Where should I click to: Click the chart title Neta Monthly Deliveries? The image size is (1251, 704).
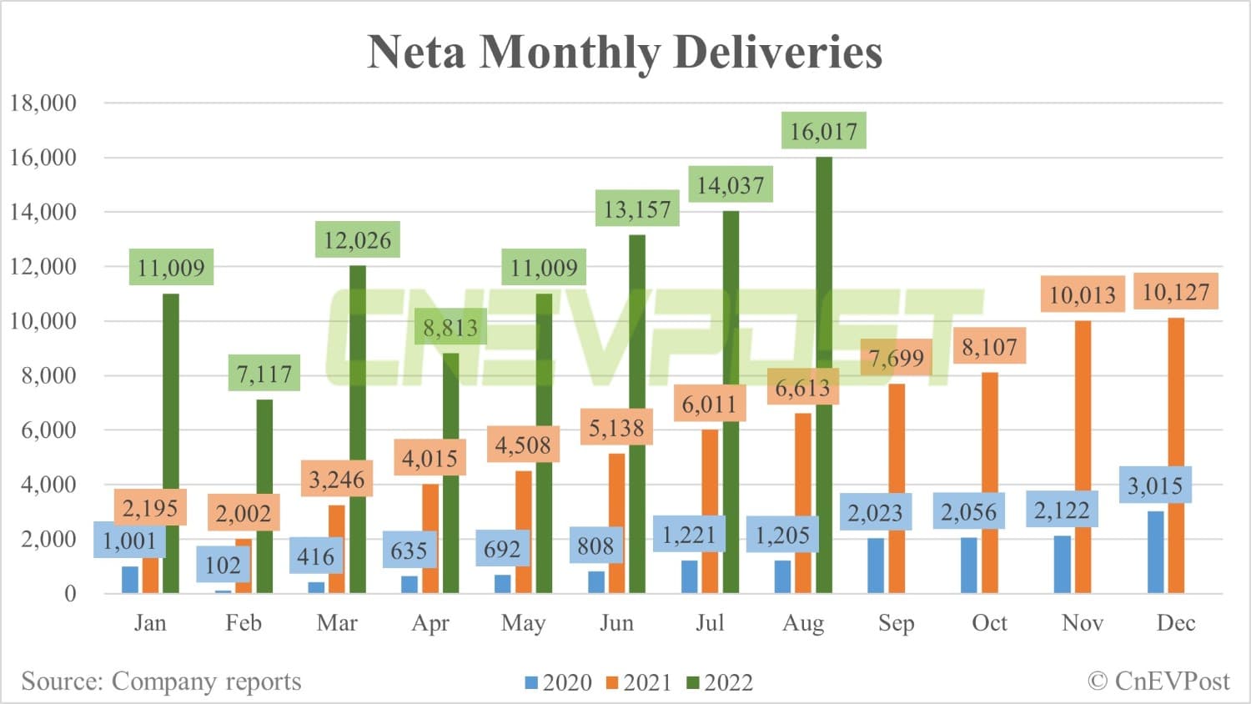[x=625, y=52]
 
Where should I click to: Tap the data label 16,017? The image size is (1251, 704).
[x=823, y=131]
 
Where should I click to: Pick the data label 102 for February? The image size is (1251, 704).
[x=223, y=565]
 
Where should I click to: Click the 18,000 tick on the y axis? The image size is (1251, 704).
[x=43, y=103]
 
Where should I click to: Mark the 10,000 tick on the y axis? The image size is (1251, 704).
[x=43, y=321]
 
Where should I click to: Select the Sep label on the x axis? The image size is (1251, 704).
[x=896, y=623]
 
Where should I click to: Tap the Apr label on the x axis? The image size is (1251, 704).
[x=430, y=623]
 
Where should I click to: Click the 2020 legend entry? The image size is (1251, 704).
[x=558, y=682]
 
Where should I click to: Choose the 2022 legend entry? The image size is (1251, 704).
[x=719, y=682]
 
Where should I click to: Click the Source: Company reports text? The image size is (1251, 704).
[x=161, y=681]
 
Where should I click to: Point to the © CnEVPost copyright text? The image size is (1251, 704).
[x=1158, y=681]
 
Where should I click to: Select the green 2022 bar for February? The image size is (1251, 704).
[x=264, y=500]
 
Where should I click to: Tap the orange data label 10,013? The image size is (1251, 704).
[x=1082, y=295]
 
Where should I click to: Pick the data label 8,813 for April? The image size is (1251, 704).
[x=450, y=328]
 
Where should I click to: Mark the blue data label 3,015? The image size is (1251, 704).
[x=1155, y=485]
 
